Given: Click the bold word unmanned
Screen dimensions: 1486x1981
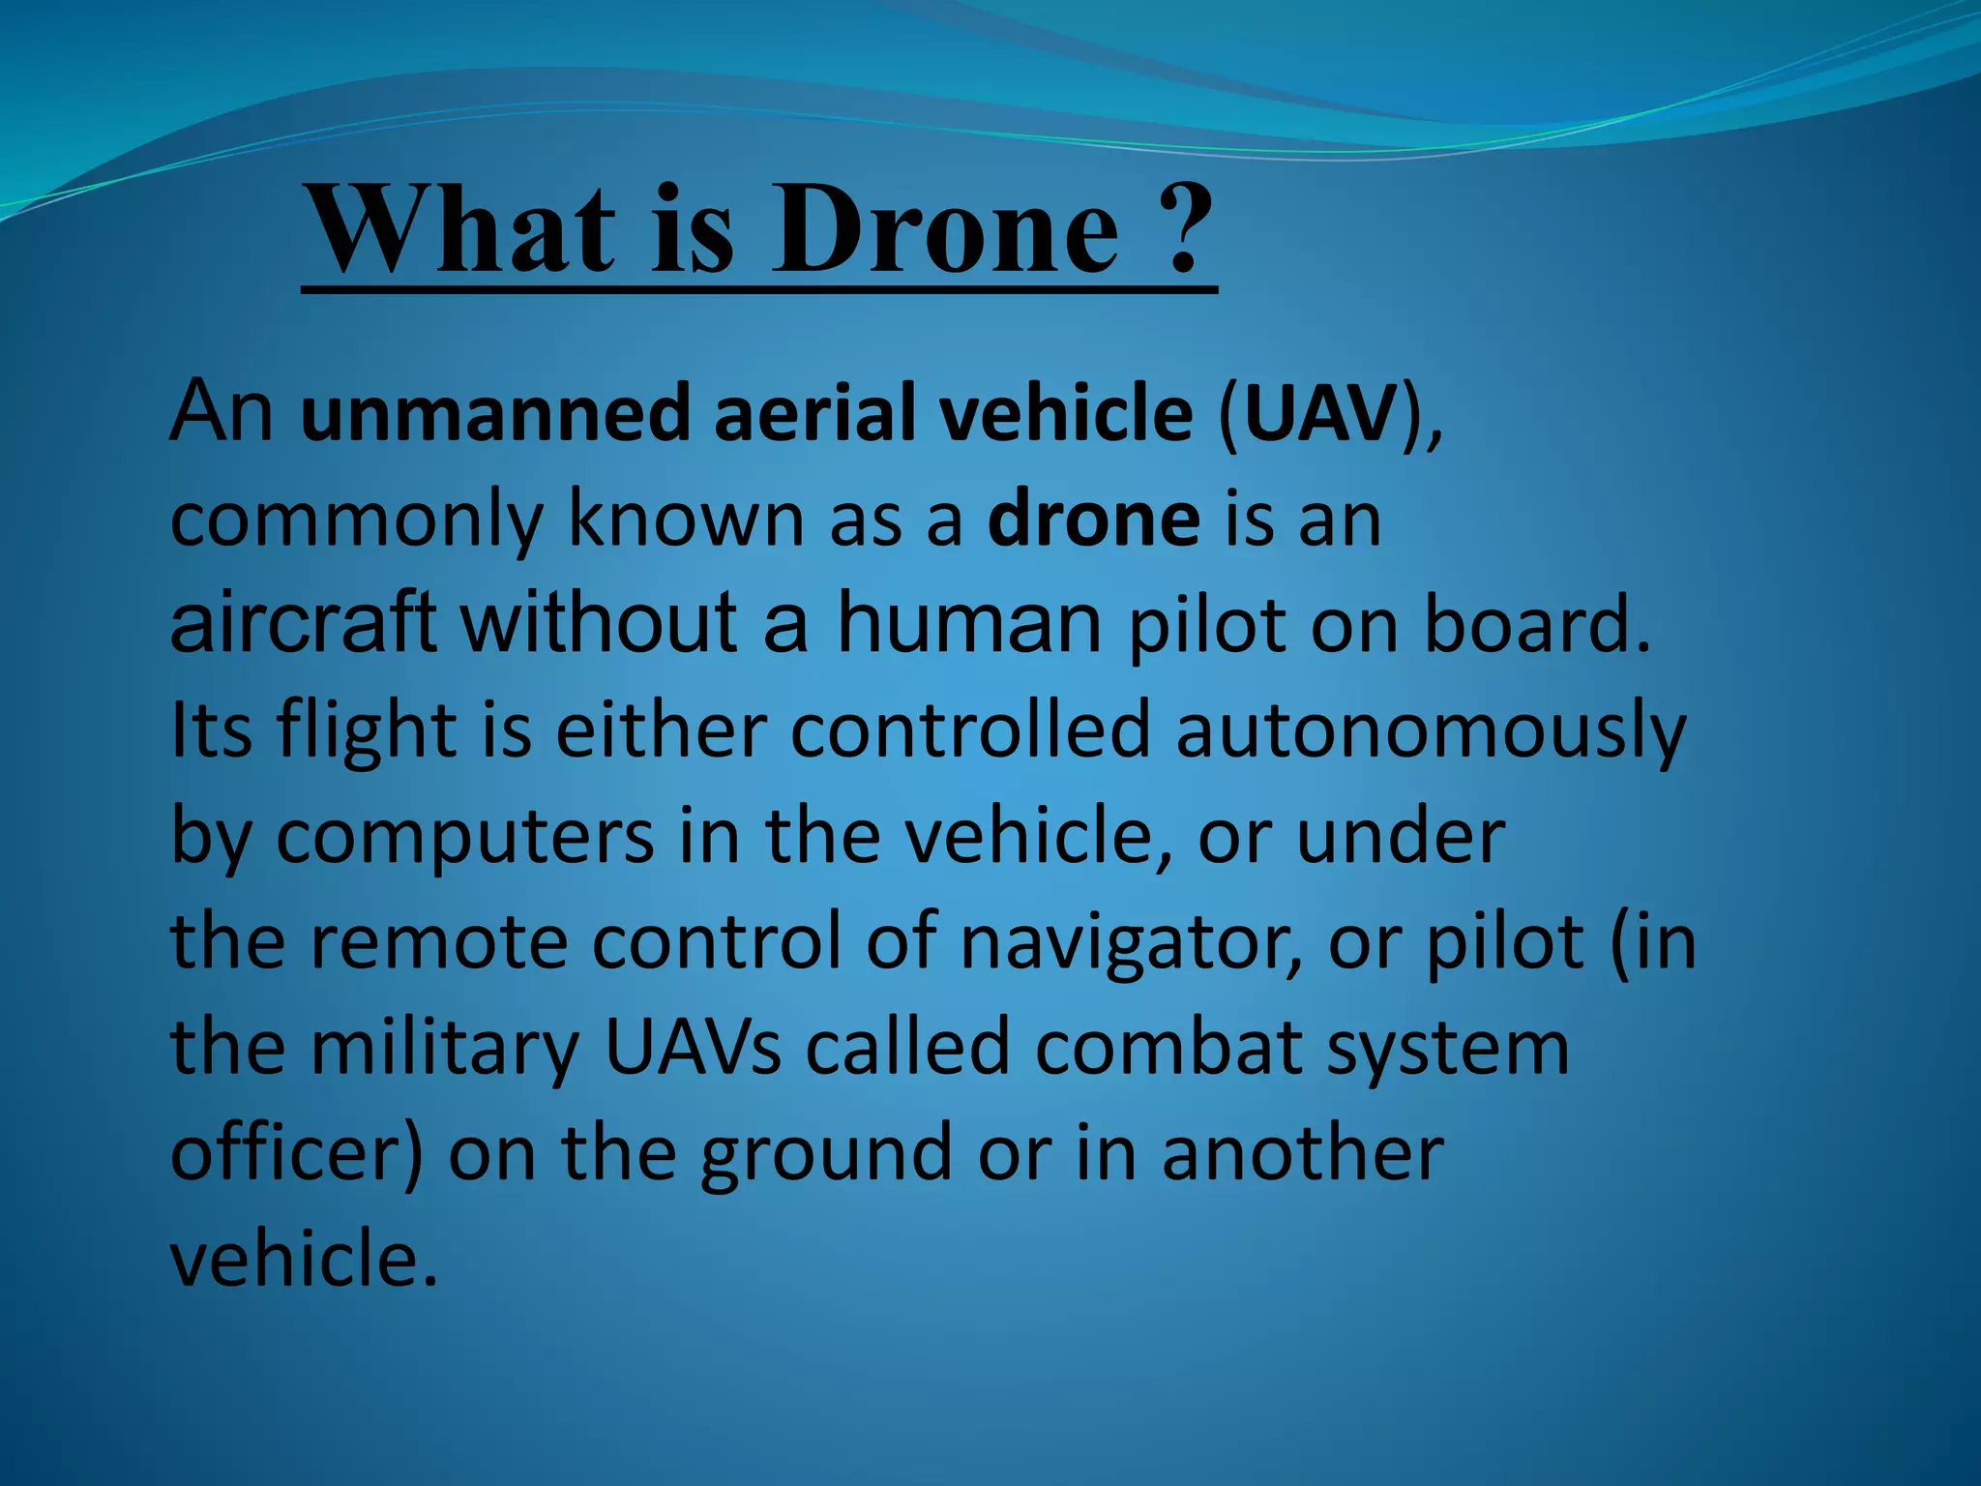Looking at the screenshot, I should pos(494,413).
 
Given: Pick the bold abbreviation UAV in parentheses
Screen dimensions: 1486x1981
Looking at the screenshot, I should pos(1321,413).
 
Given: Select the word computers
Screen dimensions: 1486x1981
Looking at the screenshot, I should pos(464,838).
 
